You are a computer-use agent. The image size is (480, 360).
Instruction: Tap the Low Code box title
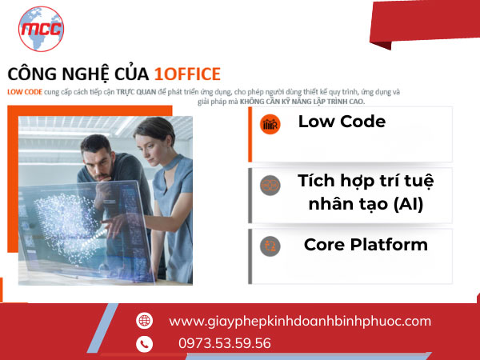(342, 122)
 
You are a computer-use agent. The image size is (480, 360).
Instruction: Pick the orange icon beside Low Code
(270, 124)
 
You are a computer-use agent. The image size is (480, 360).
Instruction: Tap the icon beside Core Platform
(270, 246)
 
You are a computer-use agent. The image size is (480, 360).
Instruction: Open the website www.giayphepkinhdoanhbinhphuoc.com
(299, 321)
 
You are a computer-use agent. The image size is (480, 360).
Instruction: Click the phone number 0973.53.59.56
(224, 343)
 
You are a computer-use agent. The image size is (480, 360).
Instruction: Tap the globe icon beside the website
(144, 321)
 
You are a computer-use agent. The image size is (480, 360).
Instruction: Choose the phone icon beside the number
(144, 344)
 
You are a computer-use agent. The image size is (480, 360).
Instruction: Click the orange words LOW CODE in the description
(24, 92)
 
